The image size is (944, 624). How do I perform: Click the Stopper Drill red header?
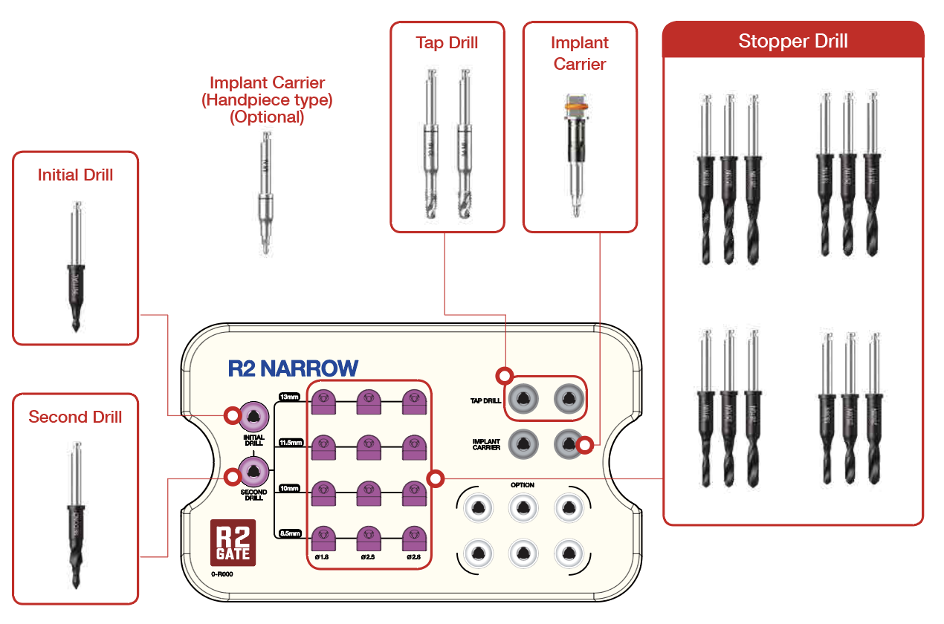click(x=792, y=41)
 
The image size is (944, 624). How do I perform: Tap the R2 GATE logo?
click(x=233, y=542)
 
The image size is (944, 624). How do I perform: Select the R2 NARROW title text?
click(x=293, y=368)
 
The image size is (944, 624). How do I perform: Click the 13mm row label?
click(x=288, y=397)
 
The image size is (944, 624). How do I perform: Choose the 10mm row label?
click(x=288, y=488)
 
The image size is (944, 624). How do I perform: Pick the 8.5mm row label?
click(x=288, y=533)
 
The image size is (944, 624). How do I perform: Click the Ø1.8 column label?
click(x=322, y=556)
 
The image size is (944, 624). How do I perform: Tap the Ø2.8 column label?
click(x=414, y=556)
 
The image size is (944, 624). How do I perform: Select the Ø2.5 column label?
click(x=368, y=556)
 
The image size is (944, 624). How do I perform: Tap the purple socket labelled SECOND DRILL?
click(x=253, y=472)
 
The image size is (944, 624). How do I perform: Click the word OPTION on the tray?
click(x=523, y=485)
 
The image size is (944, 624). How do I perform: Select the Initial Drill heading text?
click(x=75, y=175)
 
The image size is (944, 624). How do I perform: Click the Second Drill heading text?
click(x=75, y=417)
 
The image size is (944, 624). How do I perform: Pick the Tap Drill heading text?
click(x=447, y=42)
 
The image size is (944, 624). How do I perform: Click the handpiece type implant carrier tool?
click(x=265, y=193)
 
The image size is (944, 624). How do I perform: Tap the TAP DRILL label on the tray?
click(x=485, y=400)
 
